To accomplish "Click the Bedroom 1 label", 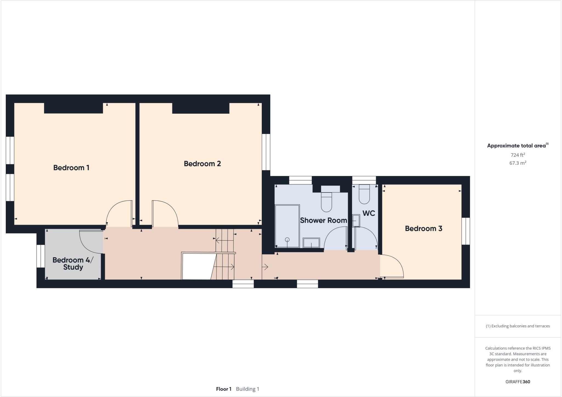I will [x=71, y=168].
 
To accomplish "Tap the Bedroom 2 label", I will [x=202, y=164].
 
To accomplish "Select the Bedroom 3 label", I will [x=423, y=229].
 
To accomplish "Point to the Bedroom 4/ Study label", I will [x=73, y=264].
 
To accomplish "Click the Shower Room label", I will [x=323, y=220].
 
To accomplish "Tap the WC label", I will [x=369, y=213].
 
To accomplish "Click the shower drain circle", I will [x=287, y=240].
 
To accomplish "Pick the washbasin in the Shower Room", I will [x=311, y=243].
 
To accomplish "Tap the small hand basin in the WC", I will [x=356, y=220].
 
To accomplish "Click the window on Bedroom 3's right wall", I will [x=466, y=231].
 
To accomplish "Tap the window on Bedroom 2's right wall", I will [x=266, y=152].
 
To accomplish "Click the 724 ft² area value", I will [x=518, y=155].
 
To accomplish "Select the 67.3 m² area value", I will [x=518, y=163].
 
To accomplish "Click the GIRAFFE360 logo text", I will [x=518, y=382].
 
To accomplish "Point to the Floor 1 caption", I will [x=224, y=389].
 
